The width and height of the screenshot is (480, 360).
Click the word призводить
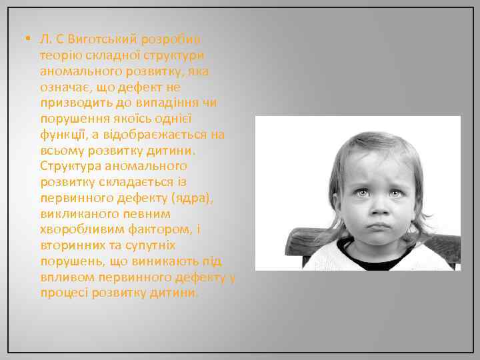(x=73, y=103)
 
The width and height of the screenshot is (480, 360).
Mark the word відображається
(x=154, y=135)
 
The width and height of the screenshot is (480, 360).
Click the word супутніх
(x=153, y=244)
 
